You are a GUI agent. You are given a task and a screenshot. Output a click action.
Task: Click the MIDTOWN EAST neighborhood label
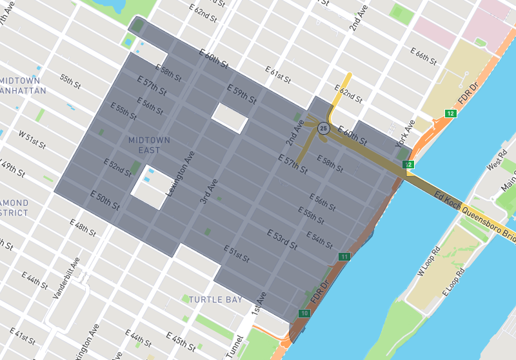tap(149, 145)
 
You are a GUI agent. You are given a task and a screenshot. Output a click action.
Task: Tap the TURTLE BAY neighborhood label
tap(215, 299)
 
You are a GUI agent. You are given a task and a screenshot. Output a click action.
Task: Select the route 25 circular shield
tap(324, 128)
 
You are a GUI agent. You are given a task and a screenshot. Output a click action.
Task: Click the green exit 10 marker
tap(304, 314)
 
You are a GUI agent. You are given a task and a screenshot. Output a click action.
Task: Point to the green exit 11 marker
tap(344, 257)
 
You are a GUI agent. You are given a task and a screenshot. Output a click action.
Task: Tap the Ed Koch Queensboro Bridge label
tap(475, 215)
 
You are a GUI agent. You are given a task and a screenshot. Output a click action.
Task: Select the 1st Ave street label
tap(258, 308)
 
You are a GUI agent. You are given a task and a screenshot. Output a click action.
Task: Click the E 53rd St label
tap(282, 239)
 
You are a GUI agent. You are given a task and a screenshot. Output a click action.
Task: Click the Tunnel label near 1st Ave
tap(236, 347)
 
